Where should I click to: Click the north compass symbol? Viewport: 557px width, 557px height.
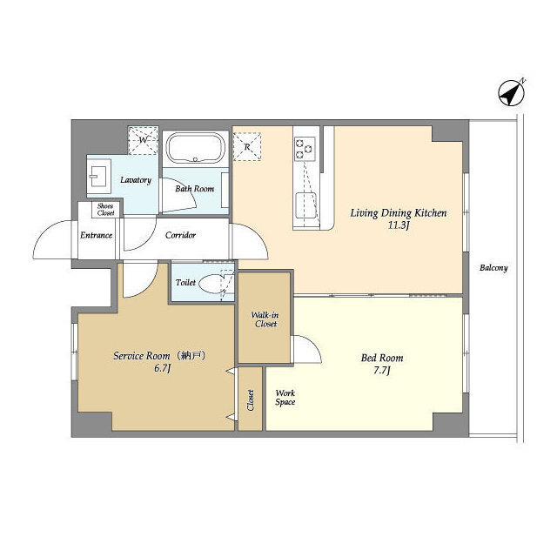(x=511, y=93)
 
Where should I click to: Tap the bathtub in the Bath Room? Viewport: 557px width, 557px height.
(x=195, y=148)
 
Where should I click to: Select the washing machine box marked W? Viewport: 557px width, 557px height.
(x=143, y=140)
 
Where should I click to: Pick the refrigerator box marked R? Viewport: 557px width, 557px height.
(x=247, y=147)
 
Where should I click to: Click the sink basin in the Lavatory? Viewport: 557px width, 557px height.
(x=99, y=176)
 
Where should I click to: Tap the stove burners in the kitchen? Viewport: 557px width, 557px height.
(x=305, y=148)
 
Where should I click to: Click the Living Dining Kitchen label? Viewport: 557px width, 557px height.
(x=399, y=213)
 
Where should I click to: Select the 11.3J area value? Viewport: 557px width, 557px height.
(x=399, y=225)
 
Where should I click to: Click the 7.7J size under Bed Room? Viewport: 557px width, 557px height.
(x=382, y=371)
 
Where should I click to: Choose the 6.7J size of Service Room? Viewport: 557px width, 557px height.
(x=163, y=368)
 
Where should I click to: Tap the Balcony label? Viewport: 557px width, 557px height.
(x=493, y=268)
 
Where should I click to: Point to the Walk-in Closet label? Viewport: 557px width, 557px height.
(x=265, y=319)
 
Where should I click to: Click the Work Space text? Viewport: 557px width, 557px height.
(x=285, y=398)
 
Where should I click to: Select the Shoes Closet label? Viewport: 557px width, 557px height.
(x=105, y=210)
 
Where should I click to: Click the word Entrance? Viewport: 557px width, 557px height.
(x=97, y=235)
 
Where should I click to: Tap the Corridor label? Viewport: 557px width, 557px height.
(x=180, y=235)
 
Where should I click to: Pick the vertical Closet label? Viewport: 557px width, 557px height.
(x=251, y=400)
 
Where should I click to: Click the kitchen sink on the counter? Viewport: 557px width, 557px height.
(x=305, y=205)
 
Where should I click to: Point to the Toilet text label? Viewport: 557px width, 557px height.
(x=185, y=283)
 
